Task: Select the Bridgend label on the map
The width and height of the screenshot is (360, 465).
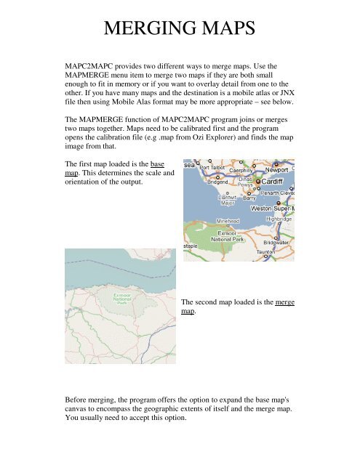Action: [223, 182]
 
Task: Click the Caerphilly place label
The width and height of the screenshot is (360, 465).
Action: [245, 170]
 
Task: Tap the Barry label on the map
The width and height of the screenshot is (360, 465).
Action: [249, 196]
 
